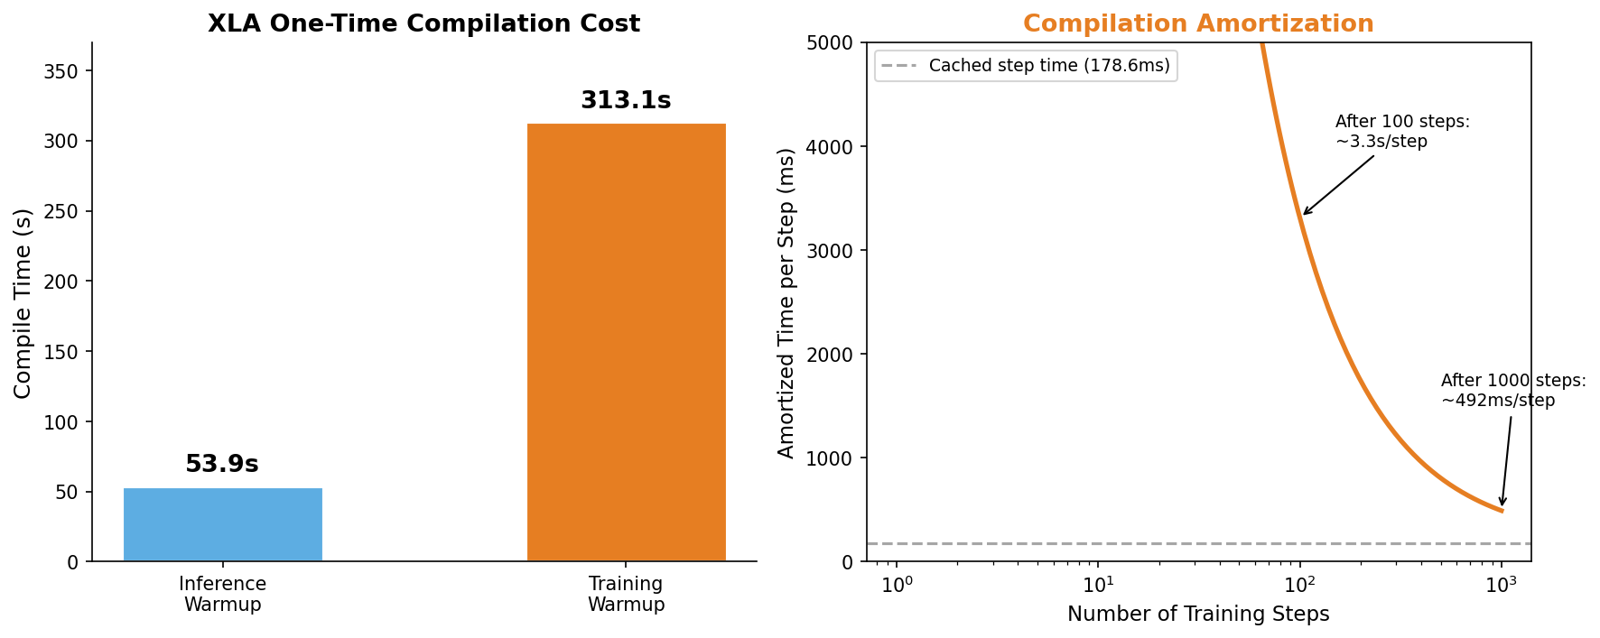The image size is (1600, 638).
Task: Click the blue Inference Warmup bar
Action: click(x=222, y=524)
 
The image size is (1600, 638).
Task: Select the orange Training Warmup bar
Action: click(x=626, y=343)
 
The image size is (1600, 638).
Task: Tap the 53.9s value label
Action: click(x=221, y=465)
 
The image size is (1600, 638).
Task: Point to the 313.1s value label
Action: click(x=626, y=101)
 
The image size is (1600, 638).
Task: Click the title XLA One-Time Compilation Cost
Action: click(x=423, y=24)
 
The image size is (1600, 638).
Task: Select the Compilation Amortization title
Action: click(x=1197, y=24)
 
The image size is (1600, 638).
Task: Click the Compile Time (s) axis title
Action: click(x=23, y=303)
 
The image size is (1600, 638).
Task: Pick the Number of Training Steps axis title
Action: click(x=1197, y=615)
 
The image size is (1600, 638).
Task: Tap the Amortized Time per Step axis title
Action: click(x=786, y=303)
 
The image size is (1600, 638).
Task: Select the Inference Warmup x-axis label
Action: click(x=222, y=595)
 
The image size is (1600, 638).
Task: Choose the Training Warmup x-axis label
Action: click(x=626, y=595)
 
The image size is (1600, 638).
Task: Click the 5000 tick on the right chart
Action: click(x=836, y=43)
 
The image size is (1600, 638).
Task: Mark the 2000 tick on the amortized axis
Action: click(x=836, y=355)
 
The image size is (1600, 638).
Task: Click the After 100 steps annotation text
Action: click(x=1401, y=132)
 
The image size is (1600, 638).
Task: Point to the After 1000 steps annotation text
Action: click(x=1512, y=391)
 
